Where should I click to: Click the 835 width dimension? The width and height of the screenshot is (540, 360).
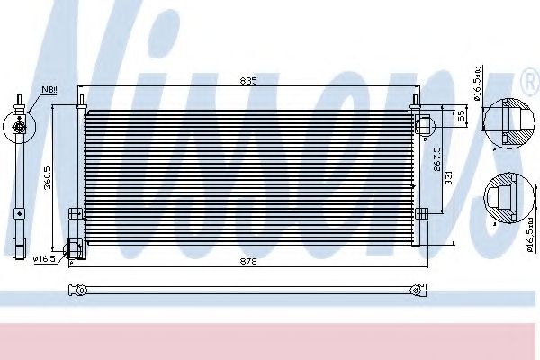pyautogui.click(x=249, y=81)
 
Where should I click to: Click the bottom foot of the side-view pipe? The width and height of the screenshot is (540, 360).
pyautogui.click(x=17, y=247)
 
